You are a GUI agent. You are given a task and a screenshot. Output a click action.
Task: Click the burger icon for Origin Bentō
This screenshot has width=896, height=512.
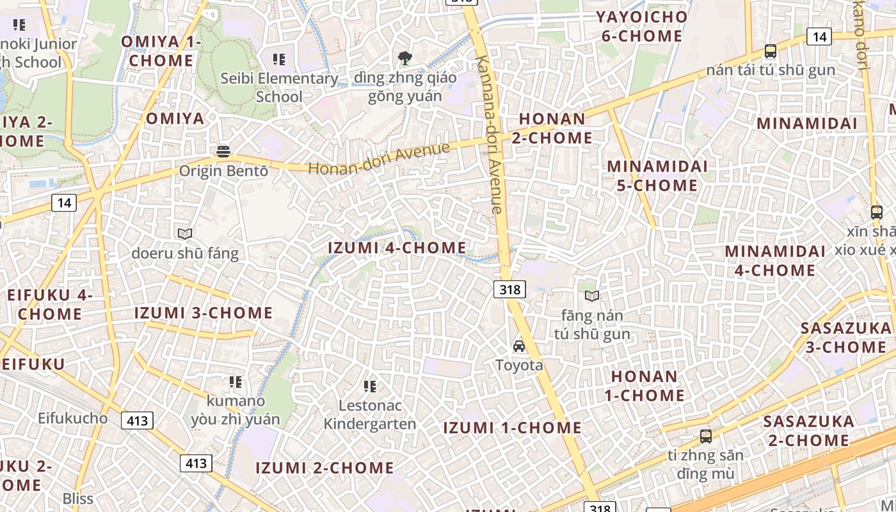[223, 152]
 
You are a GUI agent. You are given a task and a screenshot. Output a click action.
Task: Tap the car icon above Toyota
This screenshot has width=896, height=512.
[519, 346]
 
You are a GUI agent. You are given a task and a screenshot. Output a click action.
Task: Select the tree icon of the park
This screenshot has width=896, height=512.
[404, 59]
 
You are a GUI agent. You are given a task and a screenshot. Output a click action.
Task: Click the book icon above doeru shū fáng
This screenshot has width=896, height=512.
[185, 234]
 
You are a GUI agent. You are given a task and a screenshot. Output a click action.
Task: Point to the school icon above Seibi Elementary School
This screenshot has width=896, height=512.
[278, 60]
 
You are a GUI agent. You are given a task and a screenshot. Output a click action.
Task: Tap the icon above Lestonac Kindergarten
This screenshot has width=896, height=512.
[369, 386]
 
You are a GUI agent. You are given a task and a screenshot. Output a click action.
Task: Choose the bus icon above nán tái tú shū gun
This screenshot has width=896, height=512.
[771, 51]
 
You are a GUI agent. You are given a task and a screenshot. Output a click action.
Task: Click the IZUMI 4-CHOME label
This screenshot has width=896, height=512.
[397, 248]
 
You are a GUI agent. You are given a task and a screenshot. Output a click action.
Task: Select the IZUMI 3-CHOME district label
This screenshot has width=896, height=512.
[204, 313]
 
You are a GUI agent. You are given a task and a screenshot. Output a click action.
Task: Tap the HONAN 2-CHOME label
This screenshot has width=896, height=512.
[552, 128]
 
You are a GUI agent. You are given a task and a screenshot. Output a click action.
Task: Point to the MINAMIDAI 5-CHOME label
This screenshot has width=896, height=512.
[657, 175]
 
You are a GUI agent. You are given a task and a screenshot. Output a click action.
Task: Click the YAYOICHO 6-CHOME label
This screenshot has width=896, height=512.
[642, 26]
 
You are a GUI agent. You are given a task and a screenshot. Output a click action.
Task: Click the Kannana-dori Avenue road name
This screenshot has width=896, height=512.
[489, 134]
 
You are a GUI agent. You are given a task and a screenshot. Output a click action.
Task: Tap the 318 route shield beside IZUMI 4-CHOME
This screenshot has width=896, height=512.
[509, 289]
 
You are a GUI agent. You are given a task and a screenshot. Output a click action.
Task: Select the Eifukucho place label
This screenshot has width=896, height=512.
[72, 418]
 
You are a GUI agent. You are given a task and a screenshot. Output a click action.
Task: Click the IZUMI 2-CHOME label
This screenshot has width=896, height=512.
[325, 468]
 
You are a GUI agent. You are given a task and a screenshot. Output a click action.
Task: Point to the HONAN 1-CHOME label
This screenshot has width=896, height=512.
[644, 385]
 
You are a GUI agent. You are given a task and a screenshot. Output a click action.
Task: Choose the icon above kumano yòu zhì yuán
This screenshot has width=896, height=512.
[236, 382]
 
